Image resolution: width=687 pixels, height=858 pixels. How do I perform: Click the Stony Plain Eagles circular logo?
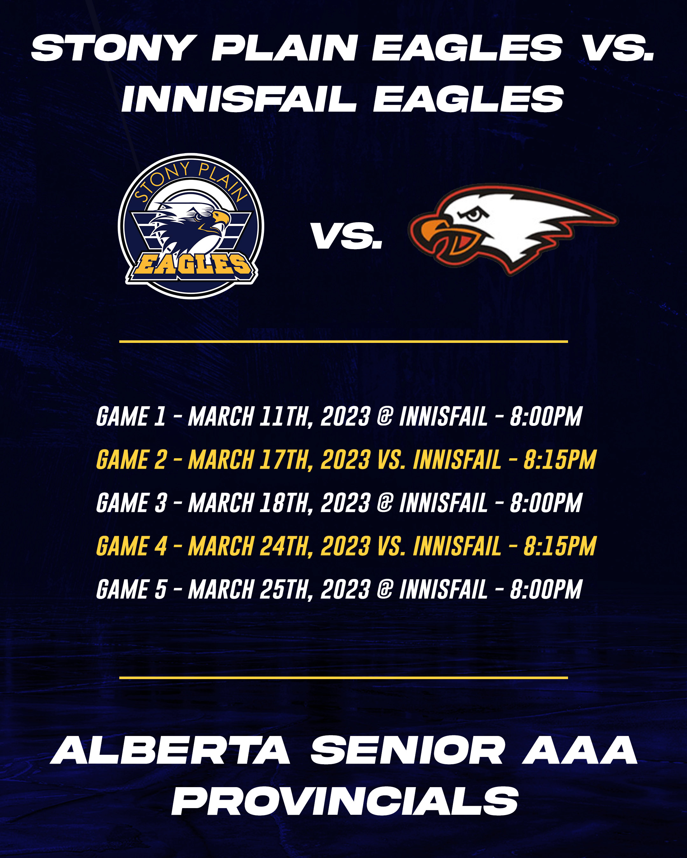click(x=191, y=226)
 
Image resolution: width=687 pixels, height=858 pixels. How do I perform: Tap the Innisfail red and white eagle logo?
click(x=513, y=229)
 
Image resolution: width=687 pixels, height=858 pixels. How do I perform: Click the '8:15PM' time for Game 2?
click(x=559, y=460)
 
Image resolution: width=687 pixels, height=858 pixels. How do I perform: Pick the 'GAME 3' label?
click(x=131, y=503)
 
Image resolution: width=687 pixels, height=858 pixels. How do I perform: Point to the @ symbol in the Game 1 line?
click(x=385, y=416)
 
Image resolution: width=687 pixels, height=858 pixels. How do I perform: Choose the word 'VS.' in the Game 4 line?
click(x=391, y=546)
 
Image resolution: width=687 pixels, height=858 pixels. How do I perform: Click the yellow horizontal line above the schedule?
click(x=343, y=341)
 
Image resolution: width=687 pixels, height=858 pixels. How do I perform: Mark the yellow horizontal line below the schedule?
click(x=343, y=677)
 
